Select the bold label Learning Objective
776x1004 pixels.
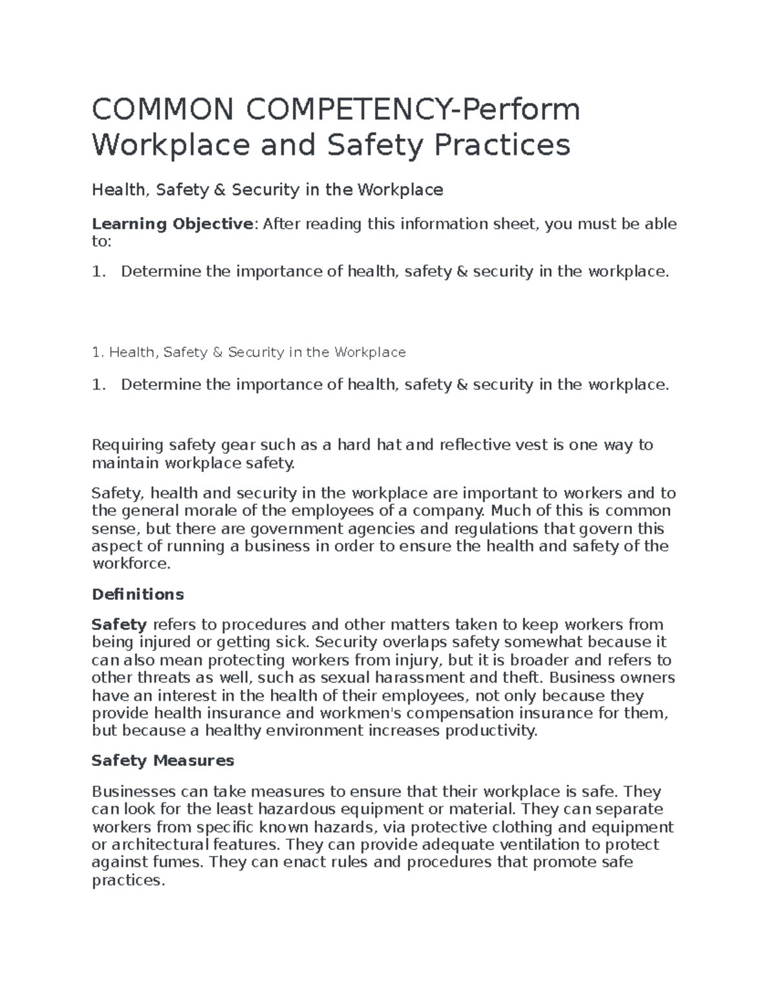(x=171, y=224)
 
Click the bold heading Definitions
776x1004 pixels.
(x=138, y=594)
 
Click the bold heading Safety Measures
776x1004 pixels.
(x=163, y=761)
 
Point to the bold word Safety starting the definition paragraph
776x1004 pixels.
(x=120, y=625)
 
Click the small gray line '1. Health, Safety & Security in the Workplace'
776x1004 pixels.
(x=248, y=352)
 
